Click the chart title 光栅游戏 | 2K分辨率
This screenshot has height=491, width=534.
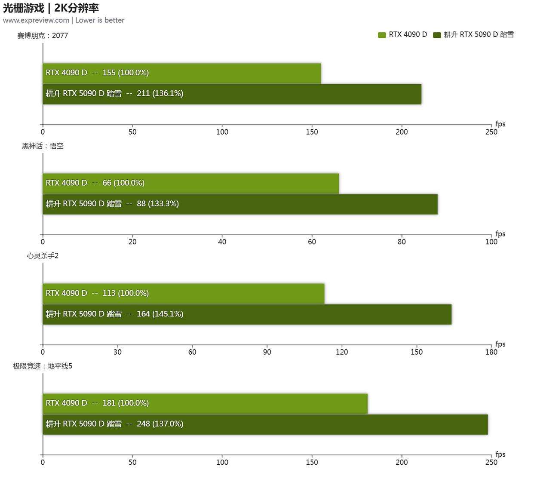pyautogui.click(x=51, y=8)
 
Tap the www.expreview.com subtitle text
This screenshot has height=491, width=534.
pyautogui.click(x=36, y=20)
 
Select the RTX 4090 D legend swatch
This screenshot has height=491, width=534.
pyautogui.click(x=382, y=35)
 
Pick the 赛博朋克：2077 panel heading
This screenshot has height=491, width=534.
pyautogui.click(x=43, y=36)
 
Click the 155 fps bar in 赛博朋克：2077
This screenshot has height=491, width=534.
pyautogui.click(x=181, y=73)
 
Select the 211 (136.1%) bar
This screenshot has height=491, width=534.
pyautogui.click(x=232, y=94)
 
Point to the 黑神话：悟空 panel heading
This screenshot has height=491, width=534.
pyautogui.click(x=43, y=146)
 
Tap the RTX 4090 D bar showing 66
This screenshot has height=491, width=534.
pyautogui.click(x=190, y=183)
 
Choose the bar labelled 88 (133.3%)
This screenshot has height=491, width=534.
pyautogui.click(x=240, y=204)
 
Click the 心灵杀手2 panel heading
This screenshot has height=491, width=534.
pyautogui.click(x=43, y=256)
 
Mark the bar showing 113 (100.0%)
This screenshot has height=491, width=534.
pyautogui.click(x=183, y=293)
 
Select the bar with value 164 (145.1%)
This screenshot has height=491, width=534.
pyautogui.click(x=247, y=314)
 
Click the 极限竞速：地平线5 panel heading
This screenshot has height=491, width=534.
pyautogui.click(x=43, y=366)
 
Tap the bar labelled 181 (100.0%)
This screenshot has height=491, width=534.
pyautogui.click(x=205, y=403)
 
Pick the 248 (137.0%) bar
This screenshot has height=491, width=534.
pyautogui.click(x=265, y=424)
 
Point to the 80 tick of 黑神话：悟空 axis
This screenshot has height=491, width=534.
pyautogui.click(x=402, y=242)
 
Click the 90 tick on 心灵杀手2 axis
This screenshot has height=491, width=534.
pyautogui.click(x=267, y=352)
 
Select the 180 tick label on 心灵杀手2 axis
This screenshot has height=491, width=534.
pyautogui.click(x=491, y=352)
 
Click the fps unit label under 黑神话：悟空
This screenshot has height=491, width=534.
pyautogui.click(x=500, y=234)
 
